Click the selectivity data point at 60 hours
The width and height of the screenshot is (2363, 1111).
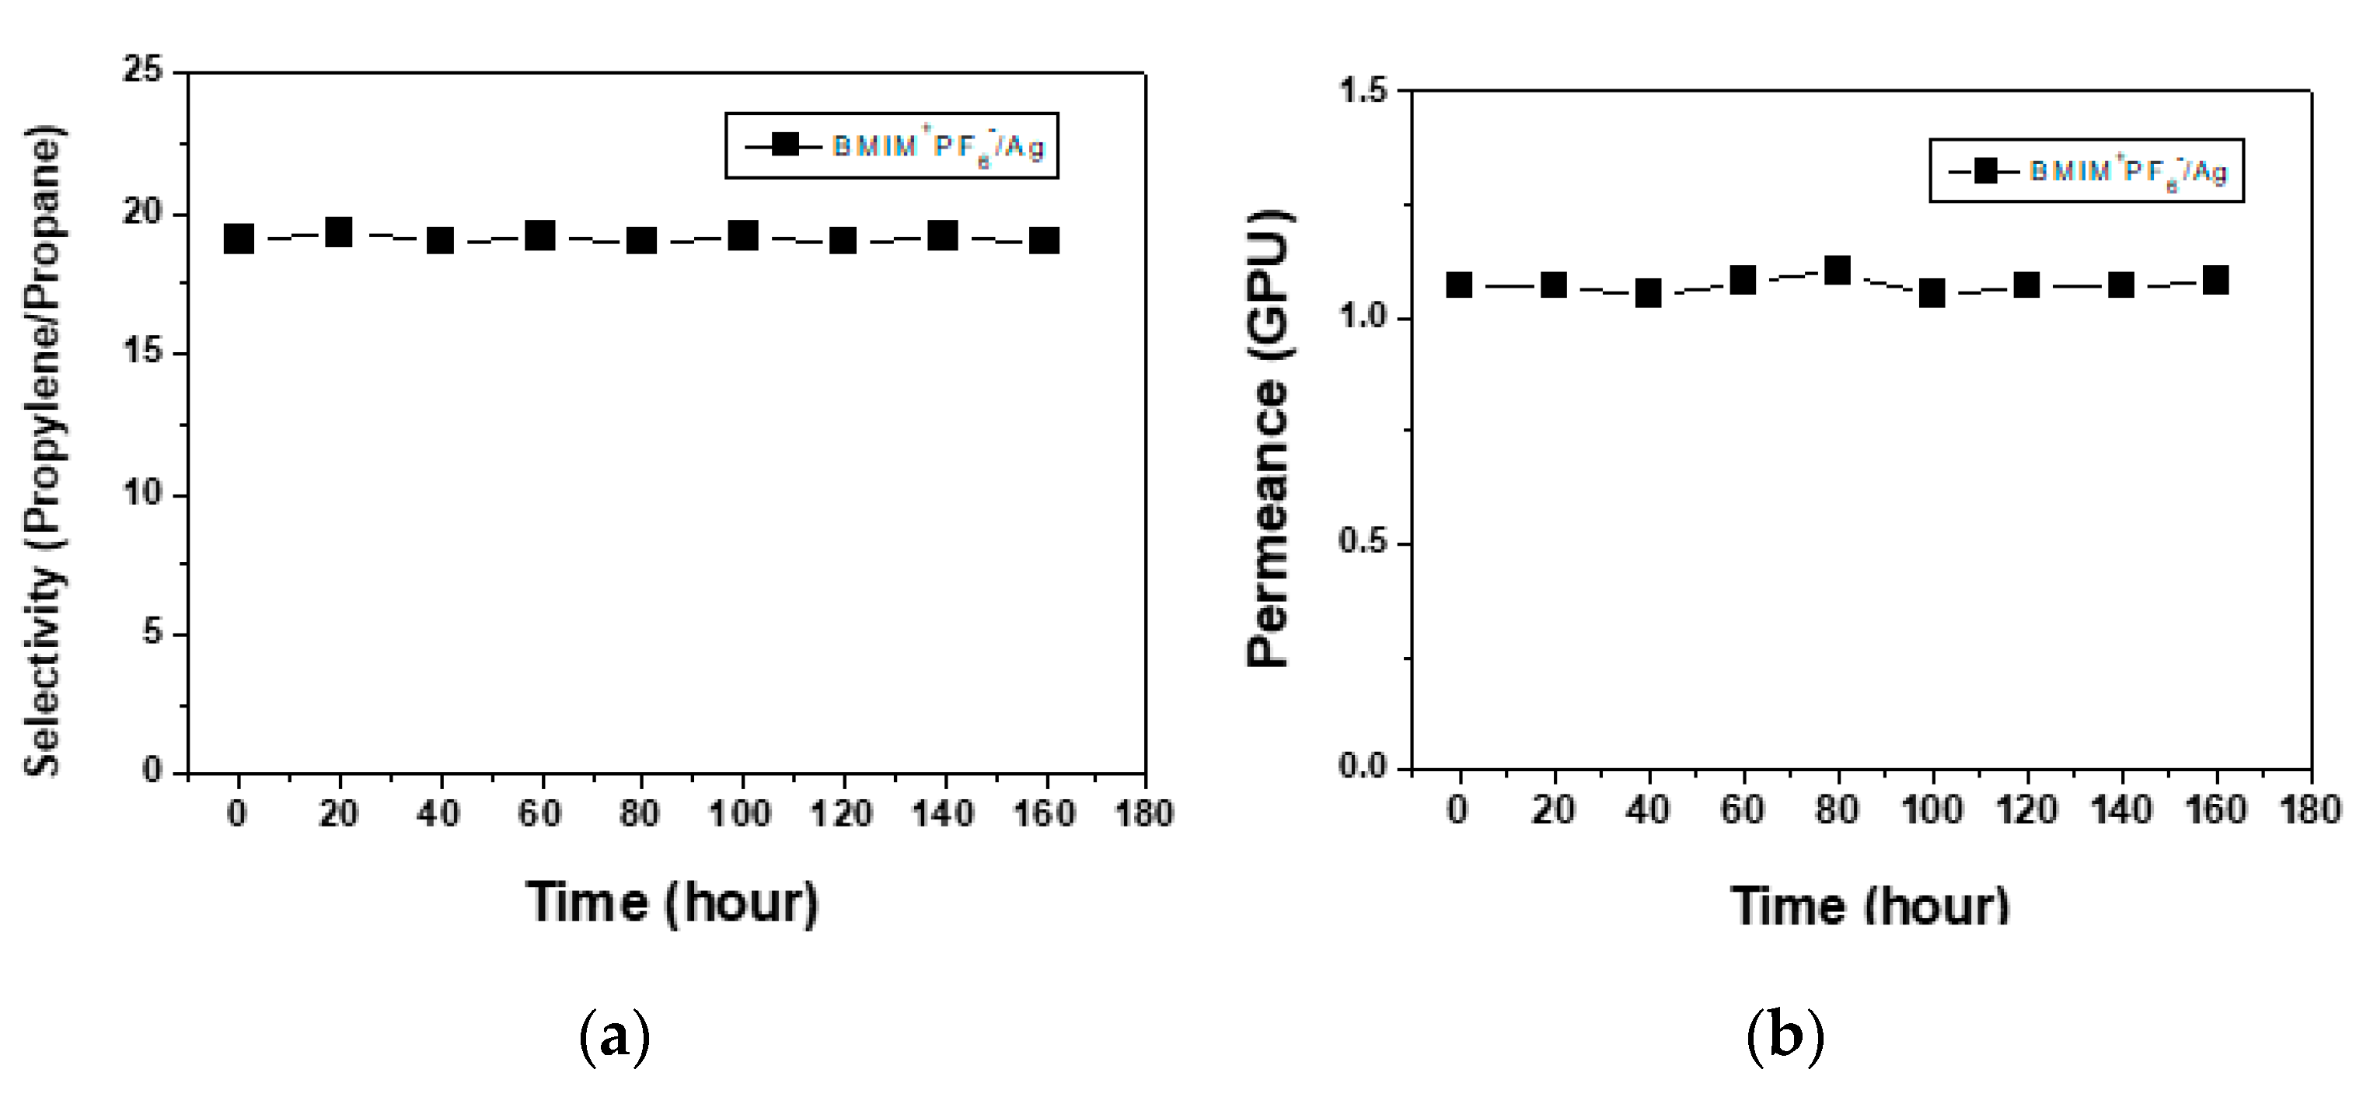coord(540,236)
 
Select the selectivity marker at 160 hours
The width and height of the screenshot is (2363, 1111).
coord(1045,240)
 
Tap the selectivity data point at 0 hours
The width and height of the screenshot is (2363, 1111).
coord(239,239)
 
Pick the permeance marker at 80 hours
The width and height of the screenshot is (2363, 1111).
coord(1838,271)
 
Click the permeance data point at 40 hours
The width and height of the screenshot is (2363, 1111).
coord(1649,294)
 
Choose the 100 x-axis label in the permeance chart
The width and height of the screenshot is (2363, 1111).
coord(1932,811)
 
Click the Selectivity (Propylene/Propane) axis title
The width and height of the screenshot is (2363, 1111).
coord(44,449)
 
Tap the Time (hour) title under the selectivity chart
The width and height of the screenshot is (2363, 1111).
coord(672,903)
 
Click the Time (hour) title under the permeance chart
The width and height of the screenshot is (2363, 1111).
coord(1870,907)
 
